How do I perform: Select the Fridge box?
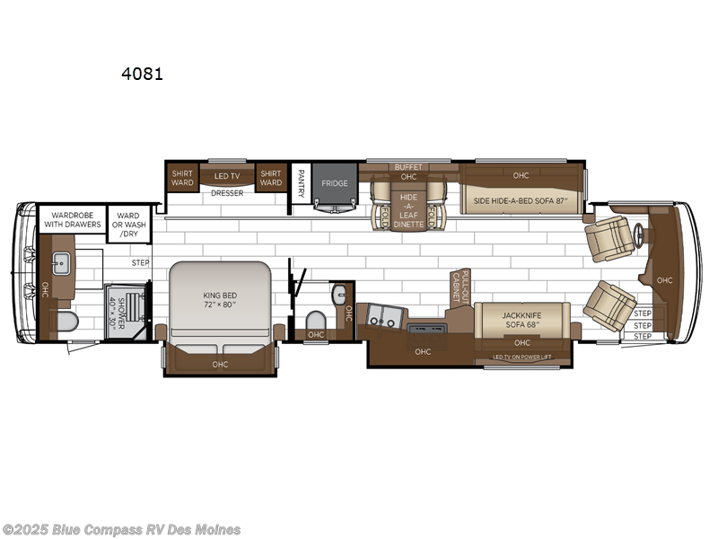click(x=335, y=183)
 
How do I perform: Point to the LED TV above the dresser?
click(x=227, y=176)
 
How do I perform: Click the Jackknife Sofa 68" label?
click(x=521, y=318)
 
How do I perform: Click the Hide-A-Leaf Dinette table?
click(x=408, y=208)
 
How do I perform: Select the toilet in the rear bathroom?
click(x=66, y=321)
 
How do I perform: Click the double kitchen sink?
click(x=383, y=316)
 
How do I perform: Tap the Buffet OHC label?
click(x=408, y=171)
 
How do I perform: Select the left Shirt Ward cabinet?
click(x=182, y=177)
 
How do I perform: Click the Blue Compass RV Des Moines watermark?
click(x=121, y=529)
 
